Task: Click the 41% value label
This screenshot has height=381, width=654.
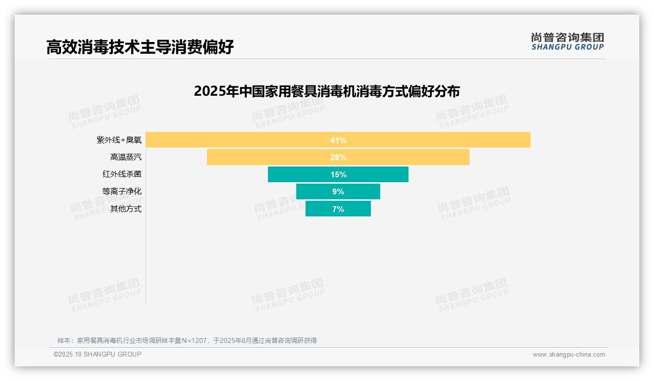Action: coord(338,140)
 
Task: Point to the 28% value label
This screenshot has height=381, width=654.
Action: coord(338,157)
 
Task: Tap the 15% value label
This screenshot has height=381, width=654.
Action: coord(338,174)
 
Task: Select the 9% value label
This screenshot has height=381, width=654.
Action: coord(338,191)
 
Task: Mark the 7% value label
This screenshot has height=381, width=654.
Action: coord(338,209)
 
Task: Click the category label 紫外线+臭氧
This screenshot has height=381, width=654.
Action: coord(119,140)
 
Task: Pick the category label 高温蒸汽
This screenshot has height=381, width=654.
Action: coord(126,157)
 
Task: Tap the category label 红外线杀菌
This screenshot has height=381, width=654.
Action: coord(122,174)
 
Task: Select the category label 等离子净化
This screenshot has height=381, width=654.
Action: coord(122,191)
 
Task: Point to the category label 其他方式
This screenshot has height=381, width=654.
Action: coord(126,209)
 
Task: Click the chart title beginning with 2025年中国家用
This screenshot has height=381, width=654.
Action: coord(327,91)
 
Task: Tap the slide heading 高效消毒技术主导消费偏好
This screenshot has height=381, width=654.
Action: coord(140,47)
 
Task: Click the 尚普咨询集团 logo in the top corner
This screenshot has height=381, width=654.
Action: coord(568,42)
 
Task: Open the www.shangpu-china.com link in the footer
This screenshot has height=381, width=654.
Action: coord(569,355)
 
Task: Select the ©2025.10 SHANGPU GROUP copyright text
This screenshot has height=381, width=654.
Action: coord(98,354)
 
